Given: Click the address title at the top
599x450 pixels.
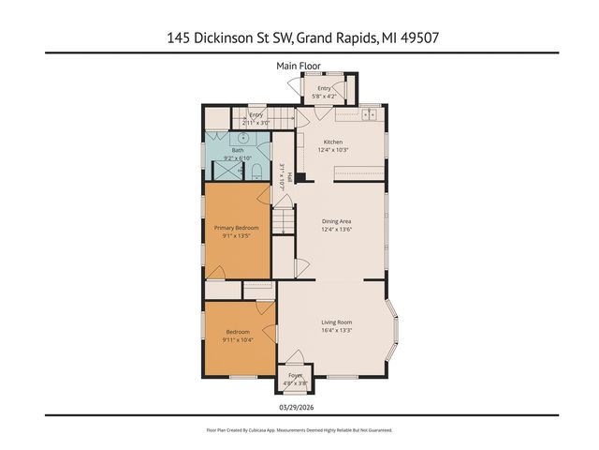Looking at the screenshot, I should [x=299, y=38].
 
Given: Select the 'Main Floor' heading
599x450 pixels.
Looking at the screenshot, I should [x=299, y=66].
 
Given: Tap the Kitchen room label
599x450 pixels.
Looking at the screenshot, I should [x=333, y=142].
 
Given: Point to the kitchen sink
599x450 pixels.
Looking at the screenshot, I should [x=369, y=115].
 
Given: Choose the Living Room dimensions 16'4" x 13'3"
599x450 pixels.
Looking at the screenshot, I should [x=336, y=329].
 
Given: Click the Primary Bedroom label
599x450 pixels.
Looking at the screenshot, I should [x=236, y=228].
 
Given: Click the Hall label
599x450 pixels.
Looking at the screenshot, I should [x=290, y=175].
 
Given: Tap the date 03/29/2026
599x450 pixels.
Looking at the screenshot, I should [x=299, y=407].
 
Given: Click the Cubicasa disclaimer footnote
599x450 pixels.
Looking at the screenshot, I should [x=299, y=429].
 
